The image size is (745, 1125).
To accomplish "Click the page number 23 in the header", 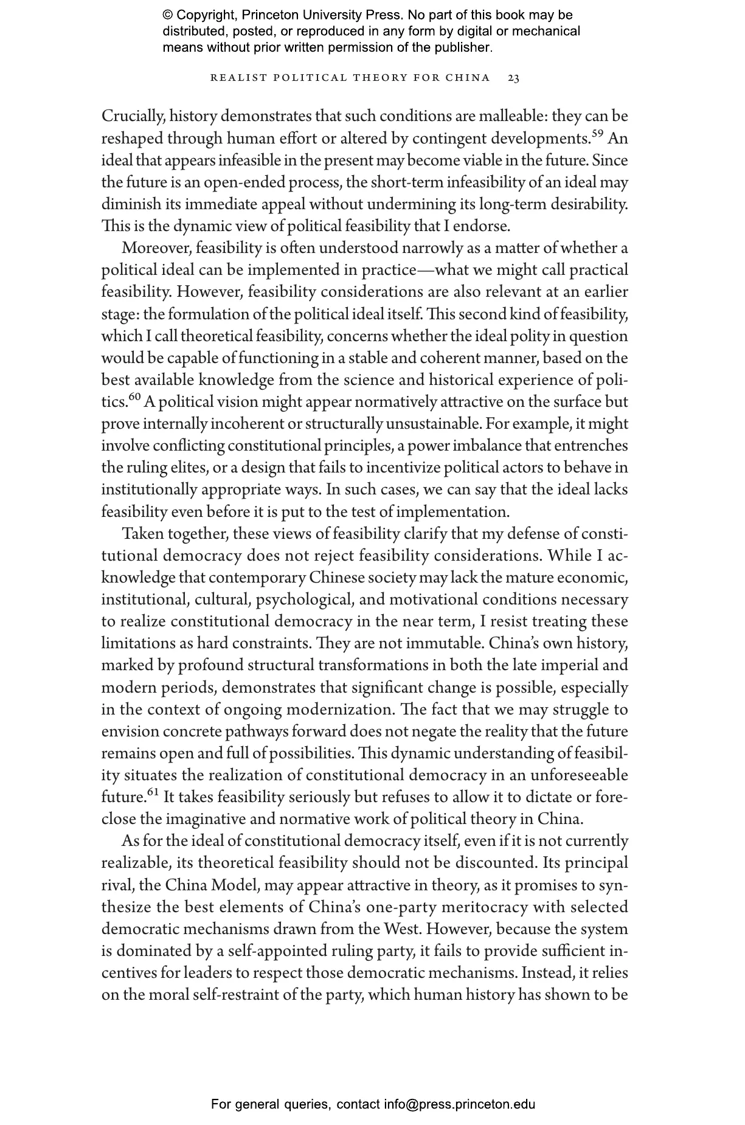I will coord(513,78).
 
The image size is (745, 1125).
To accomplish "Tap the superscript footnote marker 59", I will coord(598,134).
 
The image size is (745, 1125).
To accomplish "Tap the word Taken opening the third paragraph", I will coord(143,534).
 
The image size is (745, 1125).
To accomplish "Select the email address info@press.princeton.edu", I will coord(459,1104).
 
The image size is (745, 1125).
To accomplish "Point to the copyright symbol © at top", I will coord(169,15).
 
